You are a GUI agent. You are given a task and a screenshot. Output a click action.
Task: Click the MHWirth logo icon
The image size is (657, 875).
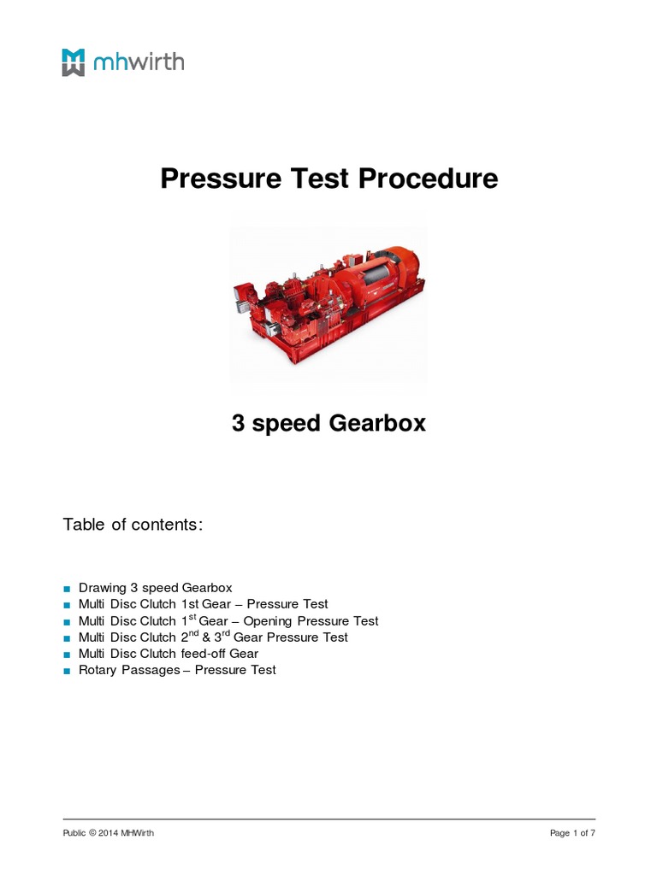point(74,62)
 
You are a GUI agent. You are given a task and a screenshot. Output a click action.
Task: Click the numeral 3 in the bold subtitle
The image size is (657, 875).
point(239,423)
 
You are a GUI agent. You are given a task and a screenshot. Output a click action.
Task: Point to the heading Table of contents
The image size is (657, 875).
point(133,525)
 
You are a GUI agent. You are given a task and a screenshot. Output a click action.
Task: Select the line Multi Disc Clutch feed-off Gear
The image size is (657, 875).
point(169,654)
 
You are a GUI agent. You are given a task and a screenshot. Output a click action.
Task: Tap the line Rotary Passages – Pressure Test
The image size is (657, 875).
point(177,670)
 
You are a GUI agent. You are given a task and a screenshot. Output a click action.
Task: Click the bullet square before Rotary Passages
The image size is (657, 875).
point(68,671)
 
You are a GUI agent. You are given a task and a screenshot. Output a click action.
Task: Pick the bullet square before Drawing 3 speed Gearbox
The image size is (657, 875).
point(68,589)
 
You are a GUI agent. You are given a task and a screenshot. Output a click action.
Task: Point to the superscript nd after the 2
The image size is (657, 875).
point(192,634)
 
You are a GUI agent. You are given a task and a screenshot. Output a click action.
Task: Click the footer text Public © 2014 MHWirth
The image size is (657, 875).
point(109,833)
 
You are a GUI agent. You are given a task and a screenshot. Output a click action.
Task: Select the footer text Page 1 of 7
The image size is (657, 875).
point(571,833)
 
